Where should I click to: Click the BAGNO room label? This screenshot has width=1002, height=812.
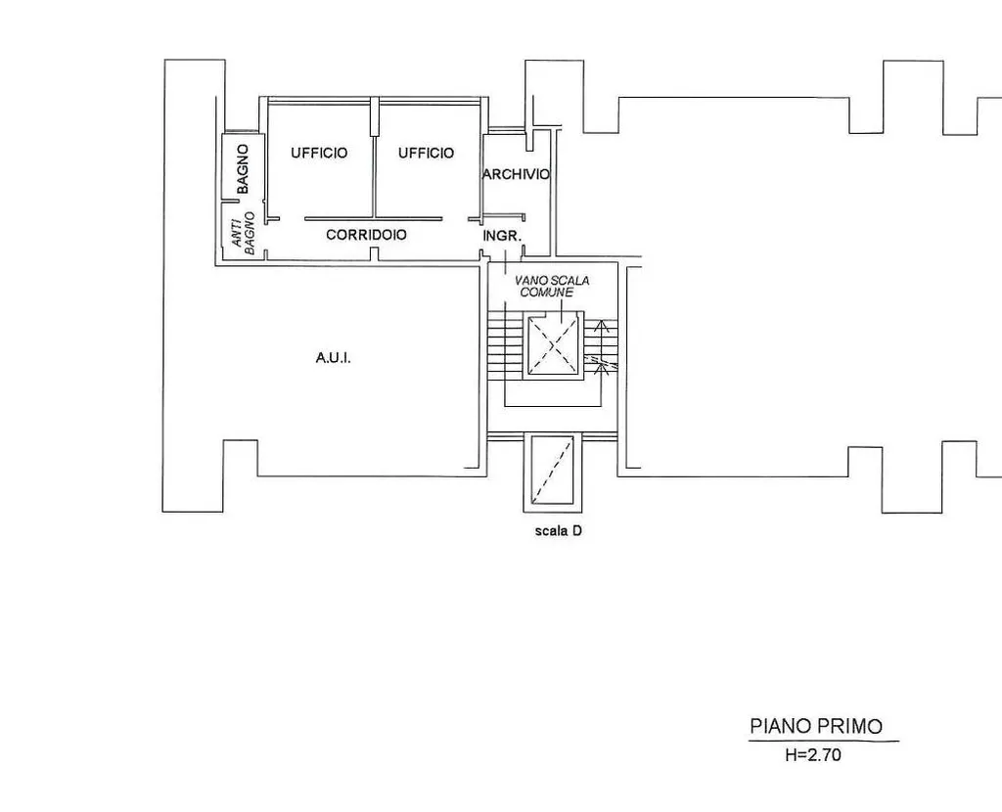point(243,169)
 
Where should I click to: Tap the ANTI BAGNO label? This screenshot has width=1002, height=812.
point(243,233)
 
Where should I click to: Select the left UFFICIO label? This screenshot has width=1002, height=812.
point(319,153)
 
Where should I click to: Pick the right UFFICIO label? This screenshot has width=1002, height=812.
point(427,153)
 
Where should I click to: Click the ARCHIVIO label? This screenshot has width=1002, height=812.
point(517,174)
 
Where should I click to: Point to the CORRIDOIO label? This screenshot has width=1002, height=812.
point(366,235)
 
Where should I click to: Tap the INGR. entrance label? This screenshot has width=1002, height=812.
point(502,236)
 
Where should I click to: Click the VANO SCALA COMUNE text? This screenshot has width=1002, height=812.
point(552,287)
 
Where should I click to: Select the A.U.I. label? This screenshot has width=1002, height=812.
point(334,358)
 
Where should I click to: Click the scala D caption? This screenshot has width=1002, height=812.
point(559,530)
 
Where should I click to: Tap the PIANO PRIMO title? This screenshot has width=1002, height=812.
point(816,726)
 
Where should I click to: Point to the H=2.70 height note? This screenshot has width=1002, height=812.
point(813,755)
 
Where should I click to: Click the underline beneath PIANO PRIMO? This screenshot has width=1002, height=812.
point(824,742)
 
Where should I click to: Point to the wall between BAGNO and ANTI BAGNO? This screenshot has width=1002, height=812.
point(242,200)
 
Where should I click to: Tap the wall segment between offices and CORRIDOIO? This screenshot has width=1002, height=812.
point(373,218)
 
